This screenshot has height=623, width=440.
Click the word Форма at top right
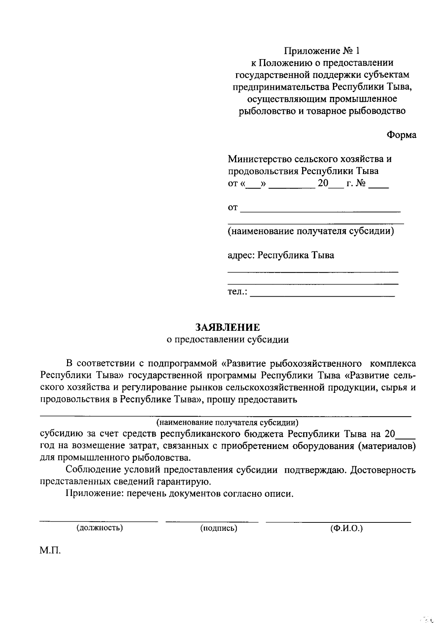point(401,135)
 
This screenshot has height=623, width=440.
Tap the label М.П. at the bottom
point(50,551)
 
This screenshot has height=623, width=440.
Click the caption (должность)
point(99,528)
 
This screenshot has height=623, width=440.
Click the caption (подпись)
point(219,528)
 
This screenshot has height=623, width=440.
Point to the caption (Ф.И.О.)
point(346,528)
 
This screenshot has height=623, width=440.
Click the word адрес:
point(241,255)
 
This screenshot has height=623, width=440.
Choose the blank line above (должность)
point(99,521)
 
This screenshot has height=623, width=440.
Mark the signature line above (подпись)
point(212,521)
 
